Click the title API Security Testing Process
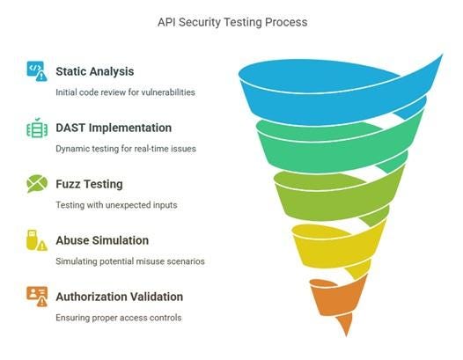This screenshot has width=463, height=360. tap(232, 22)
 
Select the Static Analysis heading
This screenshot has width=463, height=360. tap(95, 71)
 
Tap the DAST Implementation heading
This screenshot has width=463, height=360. tap(114, 128)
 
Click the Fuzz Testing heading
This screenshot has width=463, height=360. tap(89, 184)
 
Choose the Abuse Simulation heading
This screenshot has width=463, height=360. tap(102, 240)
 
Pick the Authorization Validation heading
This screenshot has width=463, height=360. tap(120, 297)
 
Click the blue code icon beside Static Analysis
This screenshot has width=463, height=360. tap(37, 71)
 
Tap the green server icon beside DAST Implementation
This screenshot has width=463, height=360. tap(37, 128)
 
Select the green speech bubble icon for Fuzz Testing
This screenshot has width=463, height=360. tap(37, 184)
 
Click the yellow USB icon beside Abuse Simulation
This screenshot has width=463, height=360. tap(37, 240)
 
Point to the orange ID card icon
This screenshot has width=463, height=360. tap(37, 297)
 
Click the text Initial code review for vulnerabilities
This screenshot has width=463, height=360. tap(125, 92)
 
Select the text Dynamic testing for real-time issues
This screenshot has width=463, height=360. tap(126, 149)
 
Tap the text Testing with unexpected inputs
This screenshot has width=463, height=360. tap(117, 205)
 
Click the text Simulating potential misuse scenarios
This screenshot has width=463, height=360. tap(130, 261)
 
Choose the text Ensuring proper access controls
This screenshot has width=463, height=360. tap(119, 318)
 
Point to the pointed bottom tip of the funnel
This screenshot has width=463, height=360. tap(347, 336)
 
